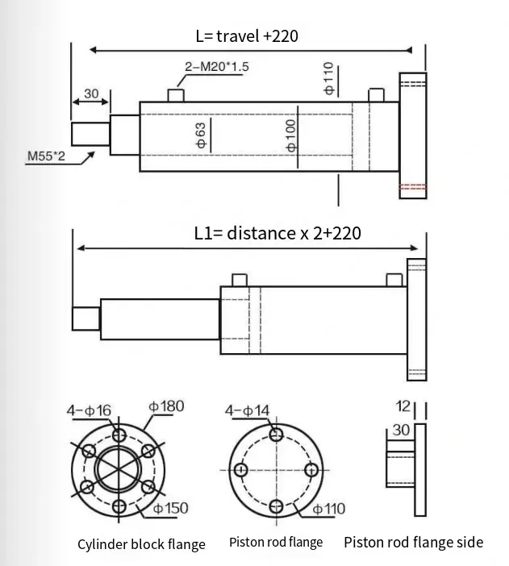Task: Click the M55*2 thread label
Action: click(47, 156)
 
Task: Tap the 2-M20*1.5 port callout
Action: click(217, 67)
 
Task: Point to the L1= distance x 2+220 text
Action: click(277, 233)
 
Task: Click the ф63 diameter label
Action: click(202, 135)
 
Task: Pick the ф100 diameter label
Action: click(291, 135)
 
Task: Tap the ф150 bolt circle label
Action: click(170, 508)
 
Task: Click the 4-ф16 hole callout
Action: click(88, 411)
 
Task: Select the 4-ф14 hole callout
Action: click(247, 411)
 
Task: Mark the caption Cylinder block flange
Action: click(141, 544)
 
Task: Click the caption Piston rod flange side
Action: click(413, 542)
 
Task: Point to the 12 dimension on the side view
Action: click(405, 406)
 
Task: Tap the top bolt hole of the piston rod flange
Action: click(277, 435)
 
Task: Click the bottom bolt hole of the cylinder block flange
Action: click(120, 506)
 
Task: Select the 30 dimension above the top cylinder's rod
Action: click(91, 94)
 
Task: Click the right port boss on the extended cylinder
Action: click(394, 280)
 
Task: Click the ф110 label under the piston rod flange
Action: click(328, 508)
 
